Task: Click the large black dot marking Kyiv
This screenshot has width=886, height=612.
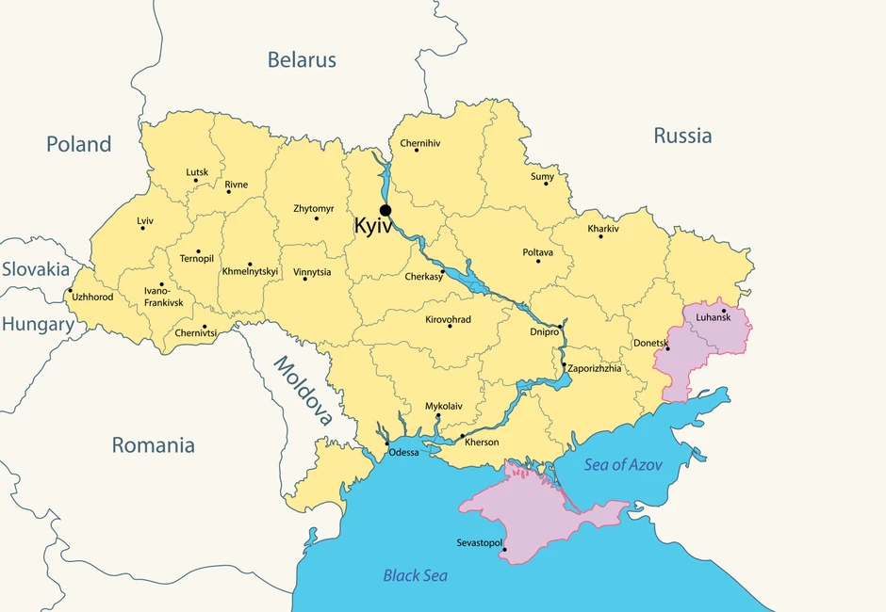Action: (385, 210)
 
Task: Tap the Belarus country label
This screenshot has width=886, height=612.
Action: (302, 60)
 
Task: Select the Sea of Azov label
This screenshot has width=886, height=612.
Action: (623, 465)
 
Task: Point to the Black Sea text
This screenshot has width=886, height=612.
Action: (415, 575)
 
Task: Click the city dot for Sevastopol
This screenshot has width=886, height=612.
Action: (504, 550)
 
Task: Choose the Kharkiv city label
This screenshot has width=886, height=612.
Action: (603, 229)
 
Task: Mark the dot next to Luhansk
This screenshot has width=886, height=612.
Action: (723, 310)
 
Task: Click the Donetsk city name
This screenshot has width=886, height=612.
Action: (650, 343)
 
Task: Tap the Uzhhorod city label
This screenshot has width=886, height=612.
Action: (92, 298)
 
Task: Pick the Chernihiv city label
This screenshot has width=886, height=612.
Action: (420, 143)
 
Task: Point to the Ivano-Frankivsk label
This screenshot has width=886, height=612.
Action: (163, 298)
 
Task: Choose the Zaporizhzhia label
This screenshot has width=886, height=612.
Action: (594, 368)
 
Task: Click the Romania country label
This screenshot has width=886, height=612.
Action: (153, 445)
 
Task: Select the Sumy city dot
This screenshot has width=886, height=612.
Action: (546, 183)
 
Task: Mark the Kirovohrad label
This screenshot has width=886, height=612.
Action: (448, 320)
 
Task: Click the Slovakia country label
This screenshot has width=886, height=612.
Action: (35, 269)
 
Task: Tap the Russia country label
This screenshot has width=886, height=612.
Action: (682, 136)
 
